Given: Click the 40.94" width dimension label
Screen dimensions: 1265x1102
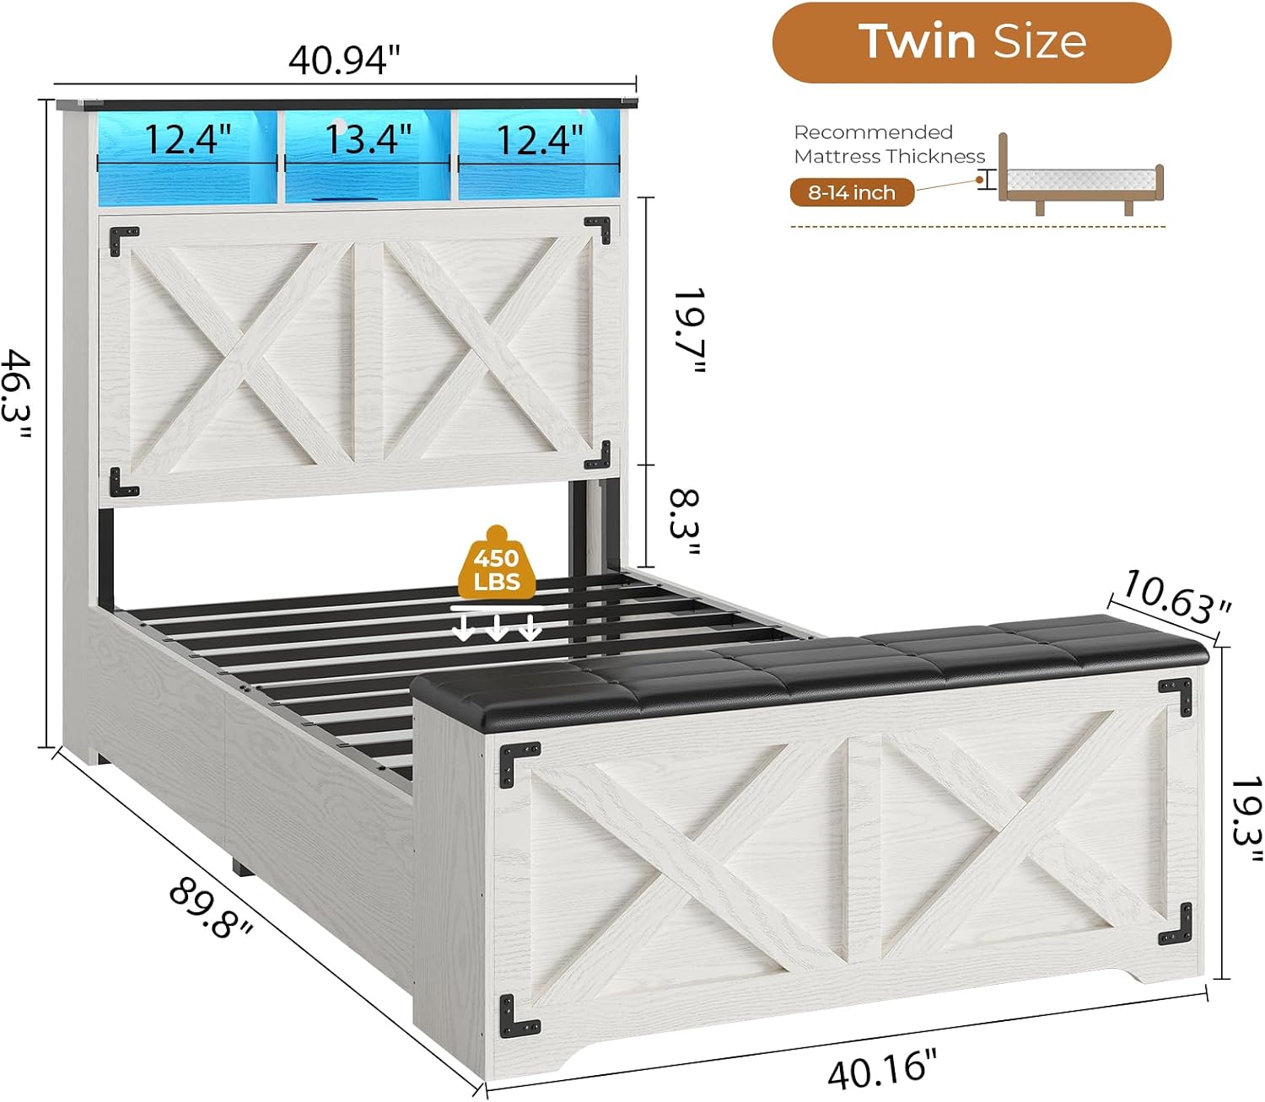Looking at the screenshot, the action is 344,60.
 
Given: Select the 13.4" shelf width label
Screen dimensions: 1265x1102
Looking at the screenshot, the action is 369,139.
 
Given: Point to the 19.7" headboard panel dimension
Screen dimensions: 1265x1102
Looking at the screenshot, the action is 689,331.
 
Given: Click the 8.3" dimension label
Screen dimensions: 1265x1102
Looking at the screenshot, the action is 685,522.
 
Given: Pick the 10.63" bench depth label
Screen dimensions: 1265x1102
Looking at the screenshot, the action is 1176,596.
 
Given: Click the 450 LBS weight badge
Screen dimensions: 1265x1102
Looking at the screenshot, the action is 497,565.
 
